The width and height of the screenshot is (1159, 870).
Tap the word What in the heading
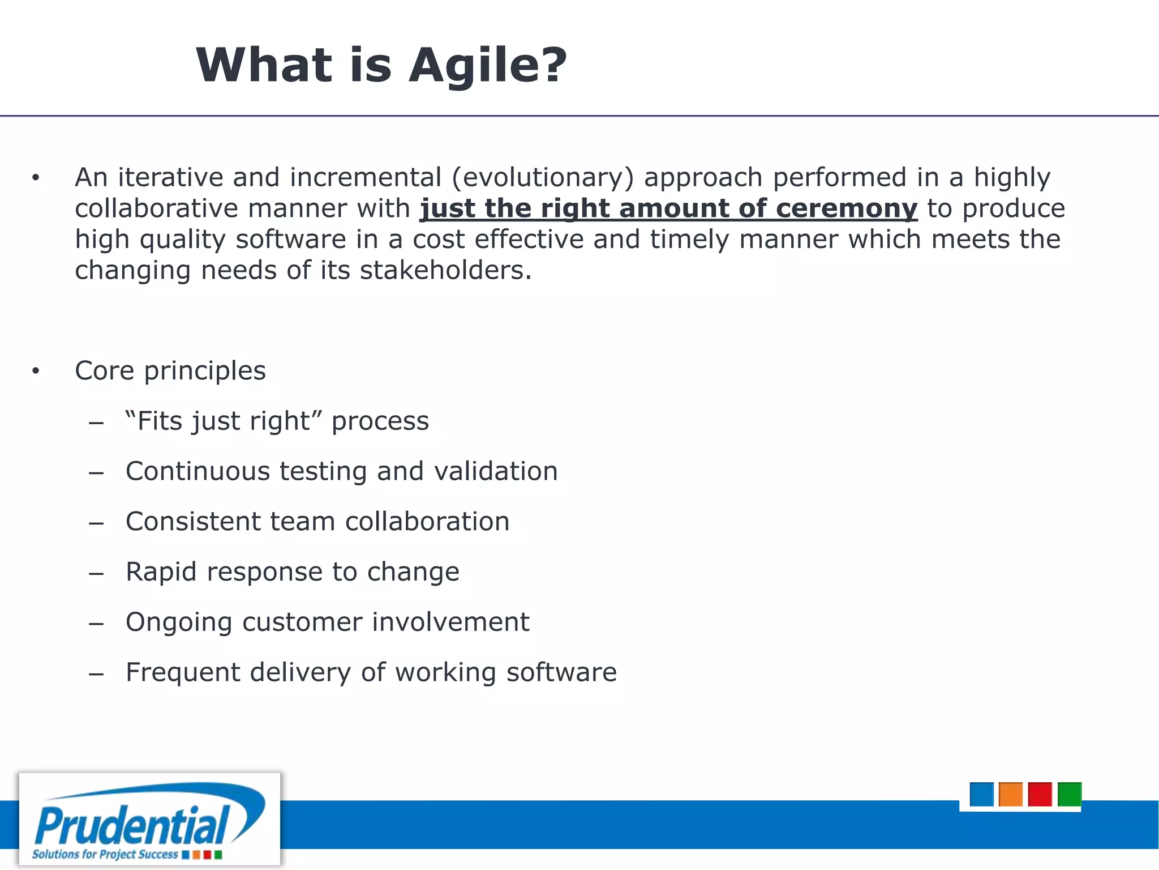pyautogui.click(x=264, y=65)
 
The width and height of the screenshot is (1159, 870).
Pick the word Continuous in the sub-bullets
pyautogui.click(x=198, y=471)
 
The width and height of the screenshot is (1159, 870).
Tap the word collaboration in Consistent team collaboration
pyautogui.click(x=427, y=522)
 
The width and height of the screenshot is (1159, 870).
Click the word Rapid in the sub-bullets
pyautogui.click(x=161, y=572)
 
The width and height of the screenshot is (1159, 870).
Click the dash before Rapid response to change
pyautogui.click(x=96, y=573)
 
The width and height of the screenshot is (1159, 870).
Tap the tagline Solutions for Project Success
pyautogui.click(x=105, y=854)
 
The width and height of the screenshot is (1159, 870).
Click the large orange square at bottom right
pyautogui.click(x=1010, y=794)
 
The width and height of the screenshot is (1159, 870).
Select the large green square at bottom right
pyautogui.click(x=1069, y=794)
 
